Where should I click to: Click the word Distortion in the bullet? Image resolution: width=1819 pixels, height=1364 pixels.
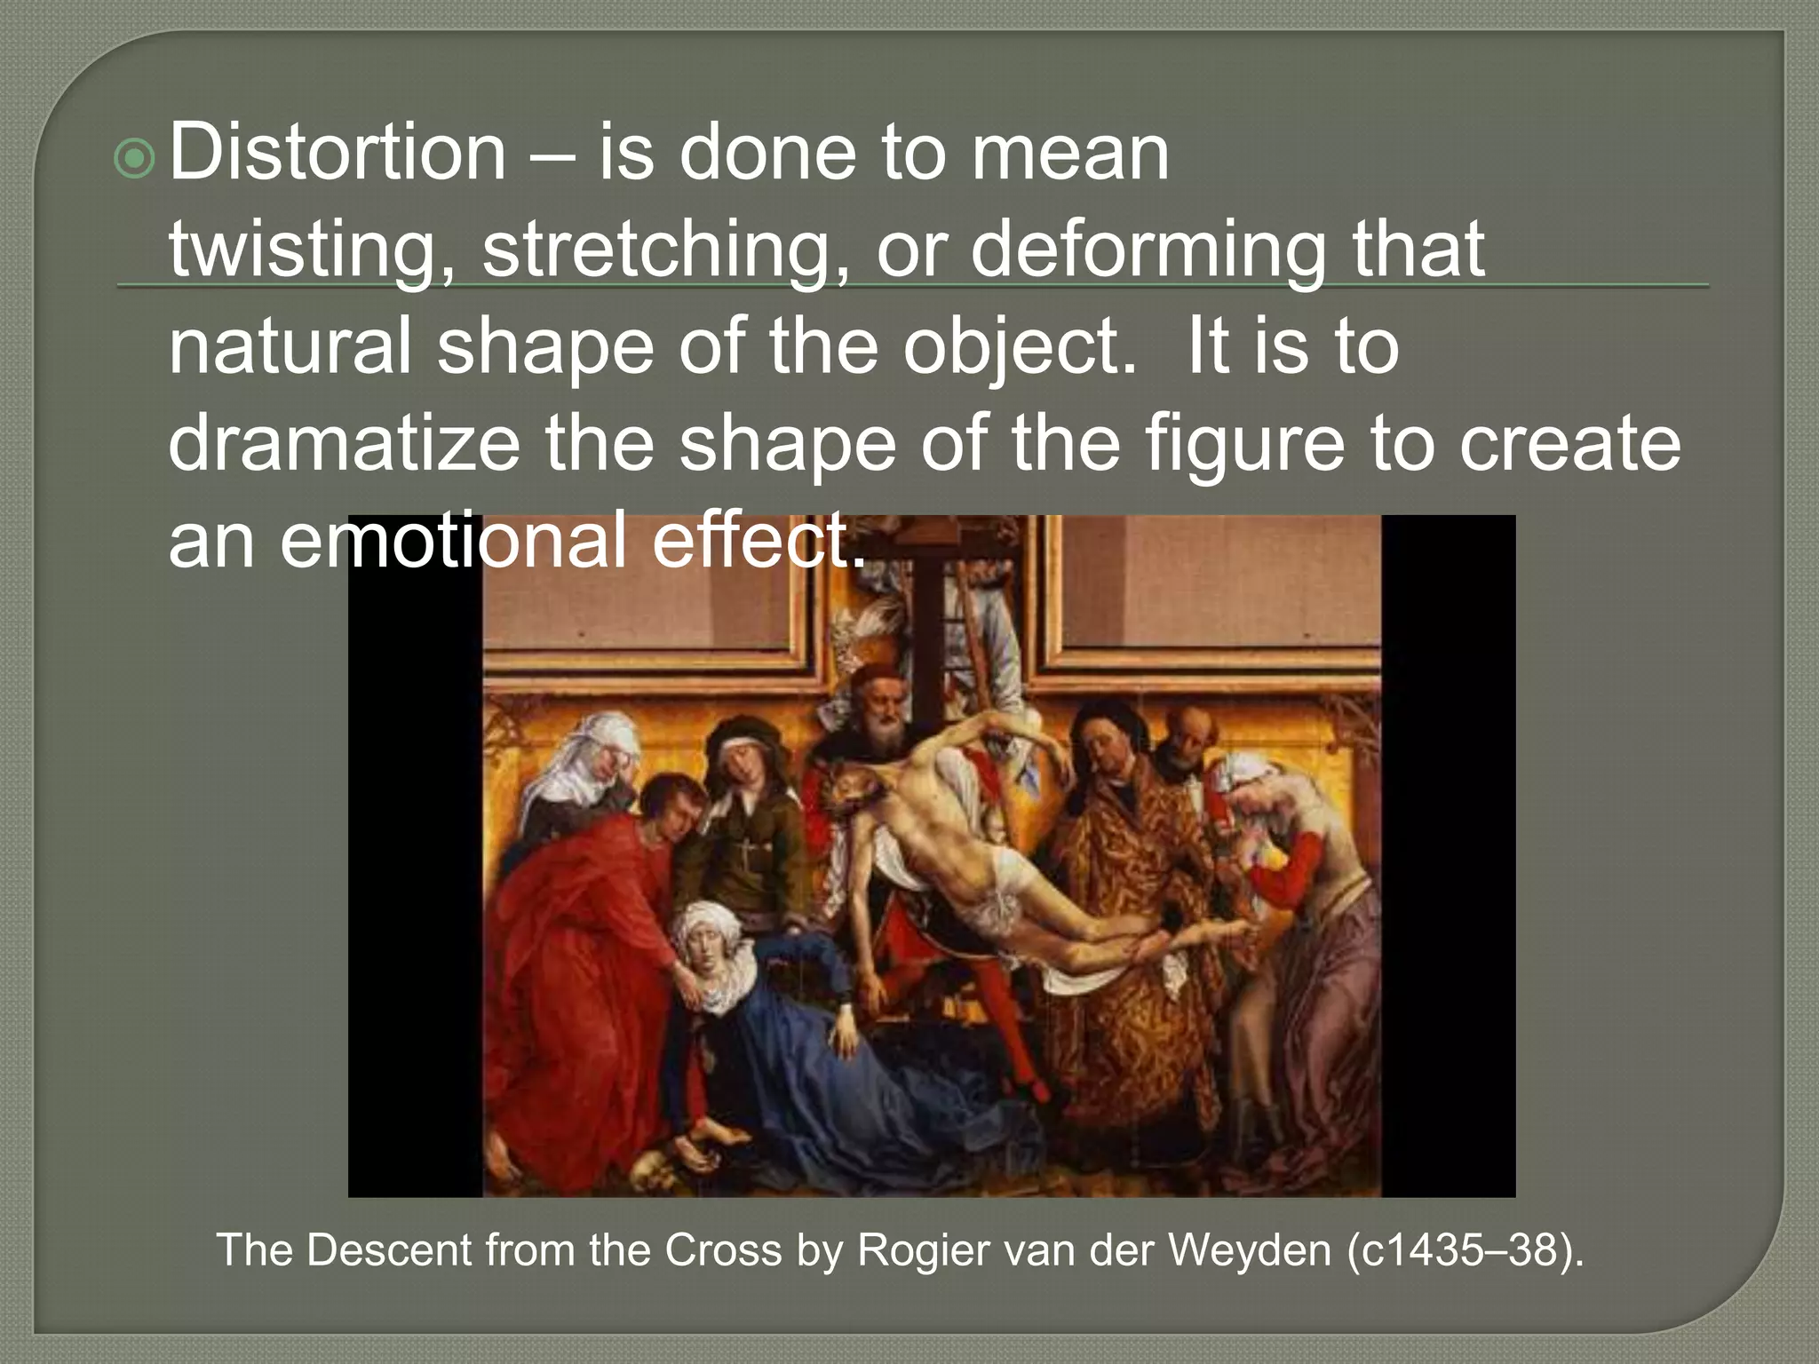pos(337,153)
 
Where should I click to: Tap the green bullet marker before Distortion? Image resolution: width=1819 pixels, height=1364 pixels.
pos(135,160)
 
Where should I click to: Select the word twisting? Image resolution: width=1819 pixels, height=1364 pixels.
pos(306,250)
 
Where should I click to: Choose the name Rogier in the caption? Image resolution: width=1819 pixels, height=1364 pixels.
pos(920,1250)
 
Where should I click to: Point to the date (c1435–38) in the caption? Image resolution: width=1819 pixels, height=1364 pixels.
pos(1465,1250)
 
